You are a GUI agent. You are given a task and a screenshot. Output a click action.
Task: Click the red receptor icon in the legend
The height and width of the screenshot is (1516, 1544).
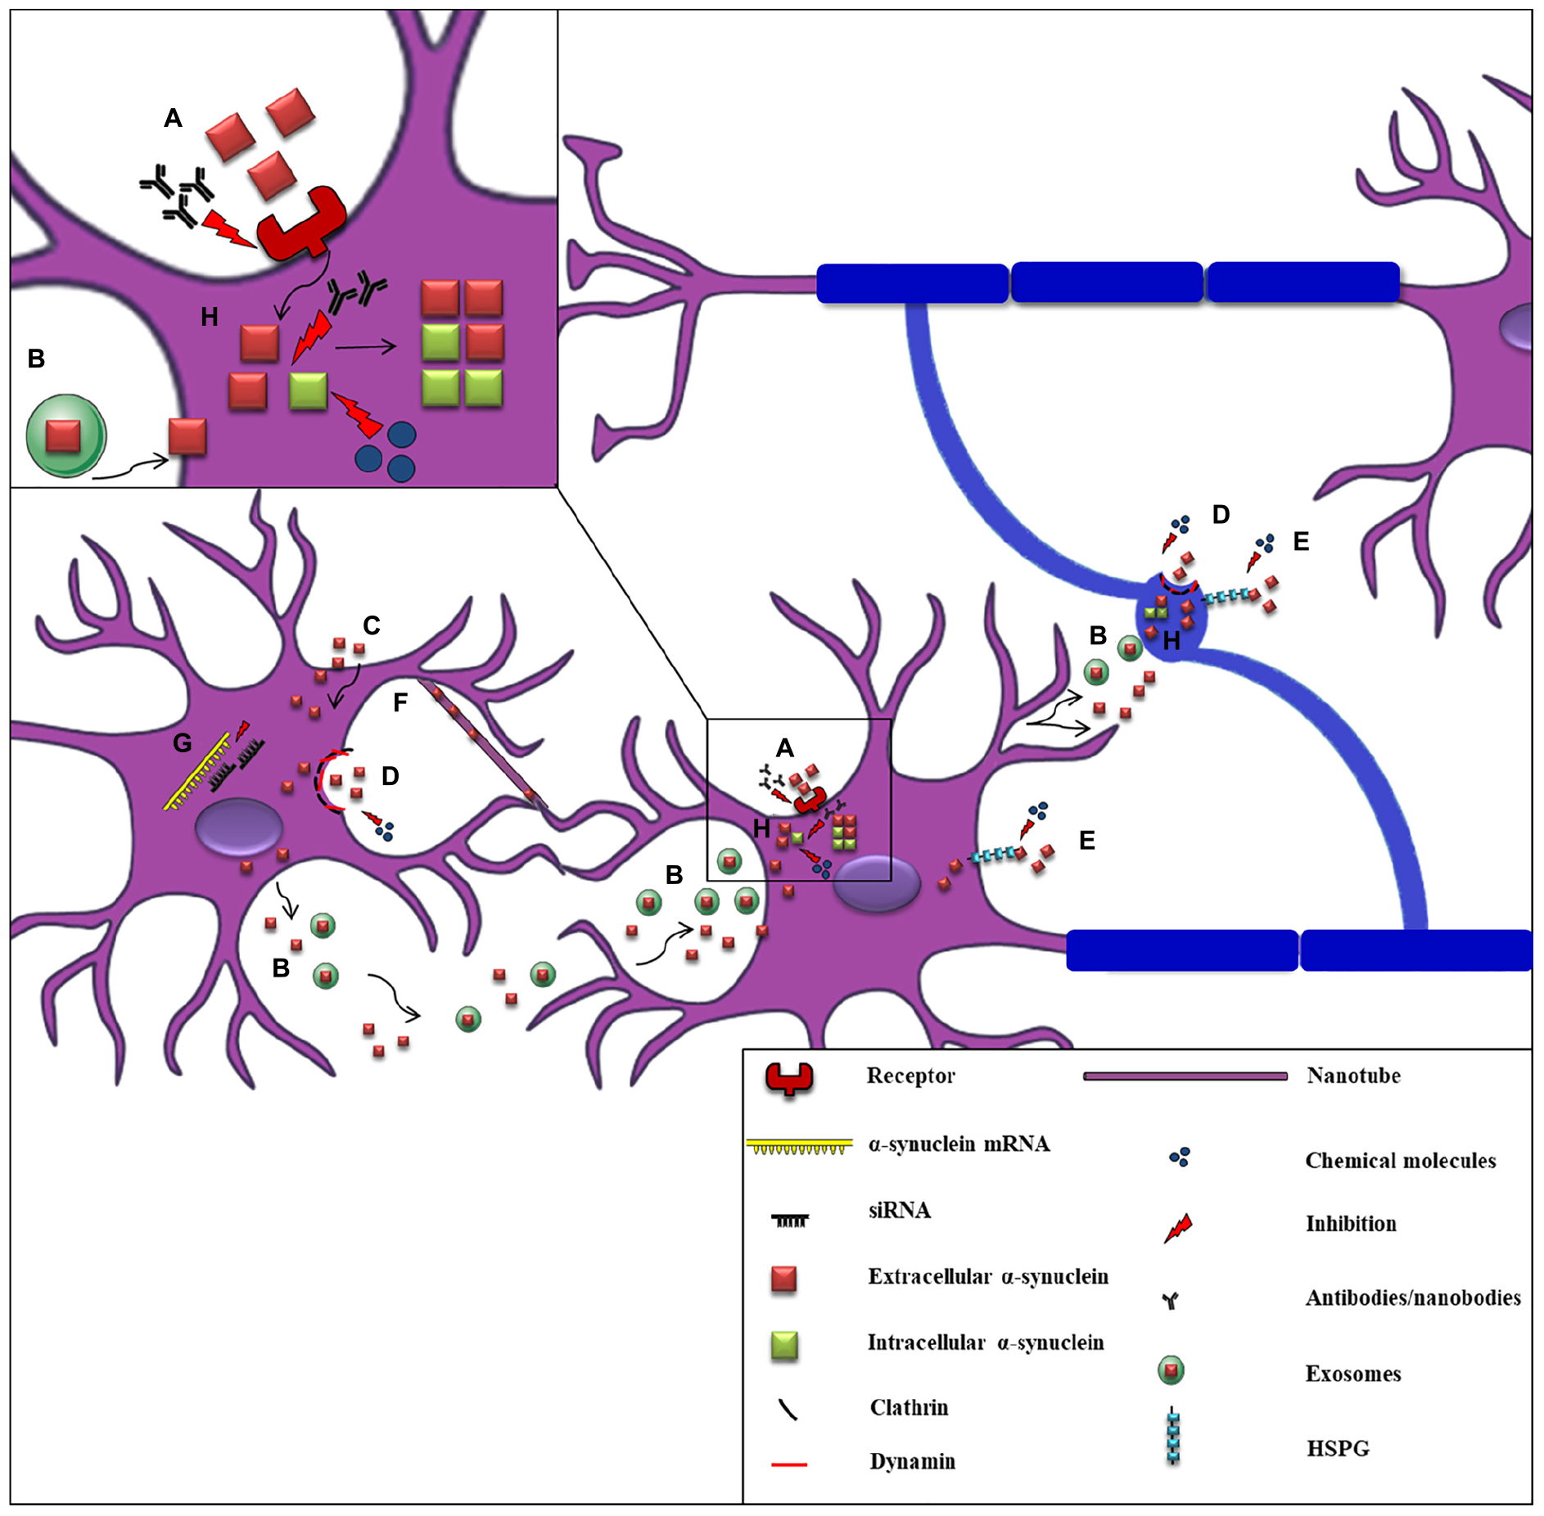789,1079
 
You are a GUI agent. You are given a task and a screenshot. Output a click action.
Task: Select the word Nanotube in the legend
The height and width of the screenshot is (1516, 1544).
1352,1076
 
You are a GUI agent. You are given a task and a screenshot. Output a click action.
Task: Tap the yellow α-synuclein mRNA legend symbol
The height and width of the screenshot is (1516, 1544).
799,1146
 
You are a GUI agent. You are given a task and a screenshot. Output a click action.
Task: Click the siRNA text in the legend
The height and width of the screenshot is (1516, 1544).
899,1211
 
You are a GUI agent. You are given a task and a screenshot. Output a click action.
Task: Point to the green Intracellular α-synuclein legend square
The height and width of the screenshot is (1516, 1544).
784,1346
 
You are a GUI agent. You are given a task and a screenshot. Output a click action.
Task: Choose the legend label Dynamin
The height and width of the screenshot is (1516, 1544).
912,1462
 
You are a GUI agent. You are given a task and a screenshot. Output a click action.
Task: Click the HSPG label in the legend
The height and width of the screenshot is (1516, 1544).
1338,1449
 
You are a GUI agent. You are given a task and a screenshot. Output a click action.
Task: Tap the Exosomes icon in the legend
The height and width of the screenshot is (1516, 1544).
1171,1370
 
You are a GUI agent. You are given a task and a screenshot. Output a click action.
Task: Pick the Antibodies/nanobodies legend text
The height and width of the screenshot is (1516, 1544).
1412,1298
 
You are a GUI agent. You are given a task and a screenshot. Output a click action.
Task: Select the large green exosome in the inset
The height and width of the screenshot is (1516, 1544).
65,436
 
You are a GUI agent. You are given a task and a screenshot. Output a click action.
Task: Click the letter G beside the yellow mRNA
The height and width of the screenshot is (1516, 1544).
183,743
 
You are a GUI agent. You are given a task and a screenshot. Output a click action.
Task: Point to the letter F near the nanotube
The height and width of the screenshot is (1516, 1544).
400,702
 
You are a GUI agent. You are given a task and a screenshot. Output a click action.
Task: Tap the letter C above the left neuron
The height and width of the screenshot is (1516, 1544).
372,626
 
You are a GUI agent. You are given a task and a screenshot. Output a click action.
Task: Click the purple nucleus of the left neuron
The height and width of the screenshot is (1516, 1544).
238,828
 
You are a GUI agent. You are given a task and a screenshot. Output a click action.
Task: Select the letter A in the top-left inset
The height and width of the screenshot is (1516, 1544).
173,119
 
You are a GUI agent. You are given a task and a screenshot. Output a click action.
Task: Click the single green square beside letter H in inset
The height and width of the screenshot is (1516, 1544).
308,390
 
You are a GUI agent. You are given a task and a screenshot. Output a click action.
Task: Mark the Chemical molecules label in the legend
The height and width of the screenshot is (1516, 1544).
1400,1161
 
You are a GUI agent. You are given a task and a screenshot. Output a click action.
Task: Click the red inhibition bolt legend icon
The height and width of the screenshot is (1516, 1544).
1178,1228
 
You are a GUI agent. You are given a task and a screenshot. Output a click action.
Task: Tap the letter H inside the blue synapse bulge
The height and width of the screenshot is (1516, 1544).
1172,642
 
